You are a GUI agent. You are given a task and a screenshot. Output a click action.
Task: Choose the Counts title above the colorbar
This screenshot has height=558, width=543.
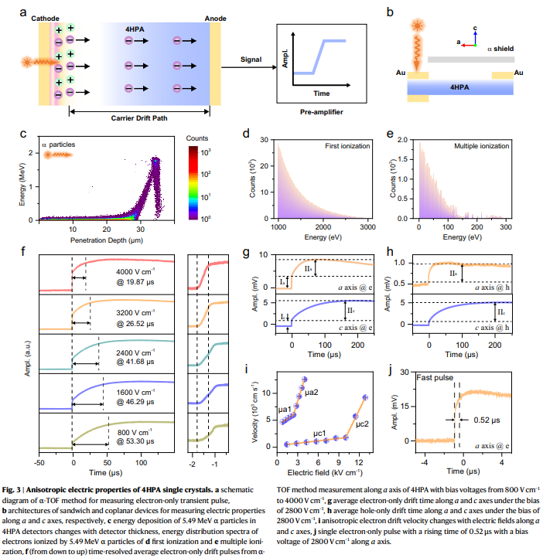197,137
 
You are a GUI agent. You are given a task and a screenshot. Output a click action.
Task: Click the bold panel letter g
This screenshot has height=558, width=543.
246,253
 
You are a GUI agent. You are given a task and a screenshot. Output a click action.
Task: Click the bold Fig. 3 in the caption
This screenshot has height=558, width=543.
15,489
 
